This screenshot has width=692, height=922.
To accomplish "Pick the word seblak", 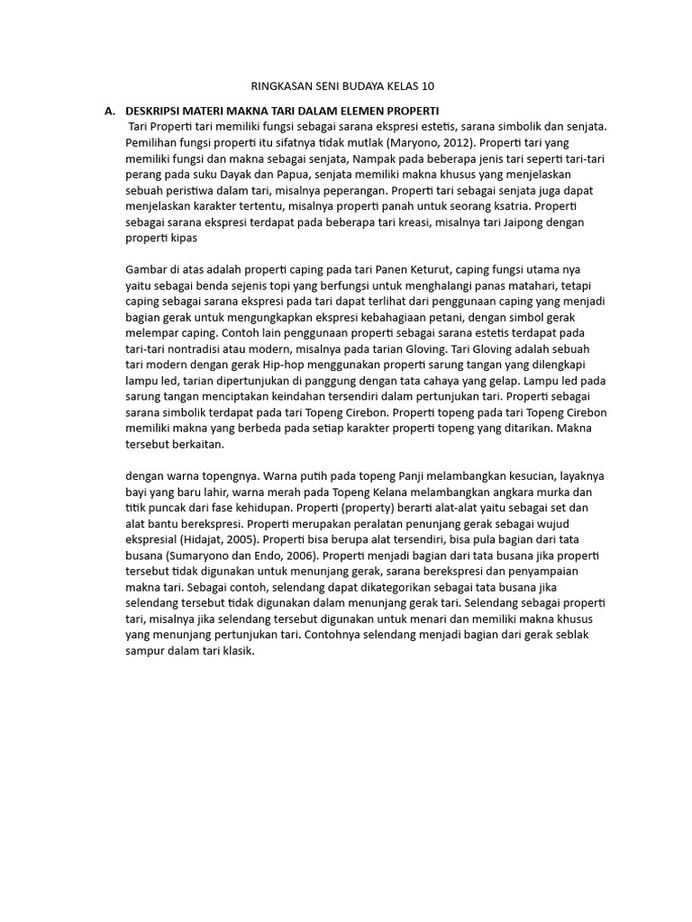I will (x=564, y=637).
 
